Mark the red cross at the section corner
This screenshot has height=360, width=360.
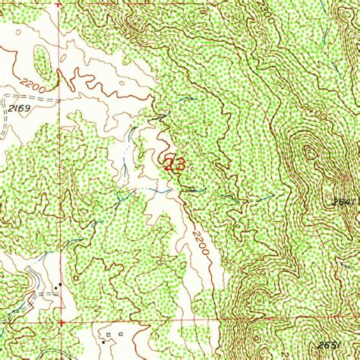(x=63, y=319)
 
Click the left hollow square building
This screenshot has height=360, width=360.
(x=109, y=334)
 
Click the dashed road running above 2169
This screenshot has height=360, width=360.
(x=30, y=99)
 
